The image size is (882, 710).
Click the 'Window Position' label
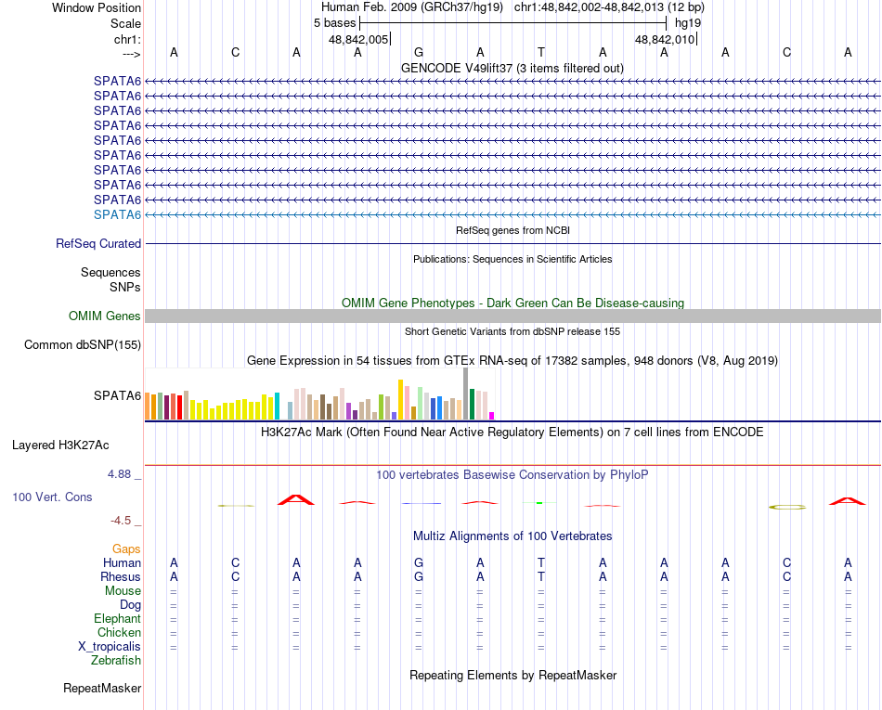pyautogui.click(x=97, y=7)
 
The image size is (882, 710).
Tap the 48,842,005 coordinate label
pyautogui.click(x=358, y=39)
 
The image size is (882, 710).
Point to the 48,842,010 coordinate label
pyautogui.click(x=665, y=39)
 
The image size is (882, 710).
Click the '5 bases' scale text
pyautogui.click(x=334, y=22)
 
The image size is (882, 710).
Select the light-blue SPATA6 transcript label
pyautogui.click(x=117, y=214)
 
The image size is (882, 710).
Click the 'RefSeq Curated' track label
pyautogui.click(x=98, y=243)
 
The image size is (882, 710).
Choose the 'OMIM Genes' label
pyautogui.click(x=105, y=316)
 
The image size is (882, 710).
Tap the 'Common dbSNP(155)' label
pyautogui.click(x=83, y=345)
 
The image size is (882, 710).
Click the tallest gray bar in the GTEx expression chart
pyautogui.click(x=465, y=394)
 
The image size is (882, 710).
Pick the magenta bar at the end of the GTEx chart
pyautogui.click(x=492, y=415)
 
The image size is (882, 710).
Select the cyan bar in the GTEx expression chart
pyautogui.click(x=277, y=407)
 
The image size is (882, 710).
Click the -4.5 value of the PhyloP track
pyautogui.click(x=123, y=521)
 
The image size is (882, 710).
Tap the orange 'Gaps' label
pyautogui.click(x=126, y=549)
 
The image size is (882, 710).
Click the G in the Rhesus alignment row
pyautogui.click(x=419, y=577)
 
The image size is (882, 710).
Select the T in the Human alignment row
pyautogui.click(x=541, y=563)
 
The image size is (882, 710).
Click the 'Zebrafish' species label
pyautogui.click(x=116, y=661)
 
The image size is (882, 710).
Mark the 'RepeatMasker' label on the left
pyautogui.click(x=102, y=689)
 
